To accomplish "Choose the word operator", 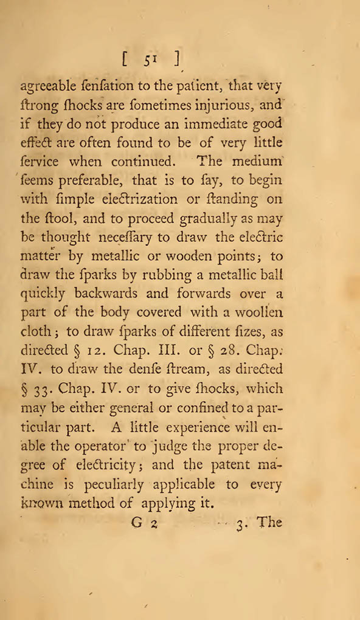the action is pos(99,446).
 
